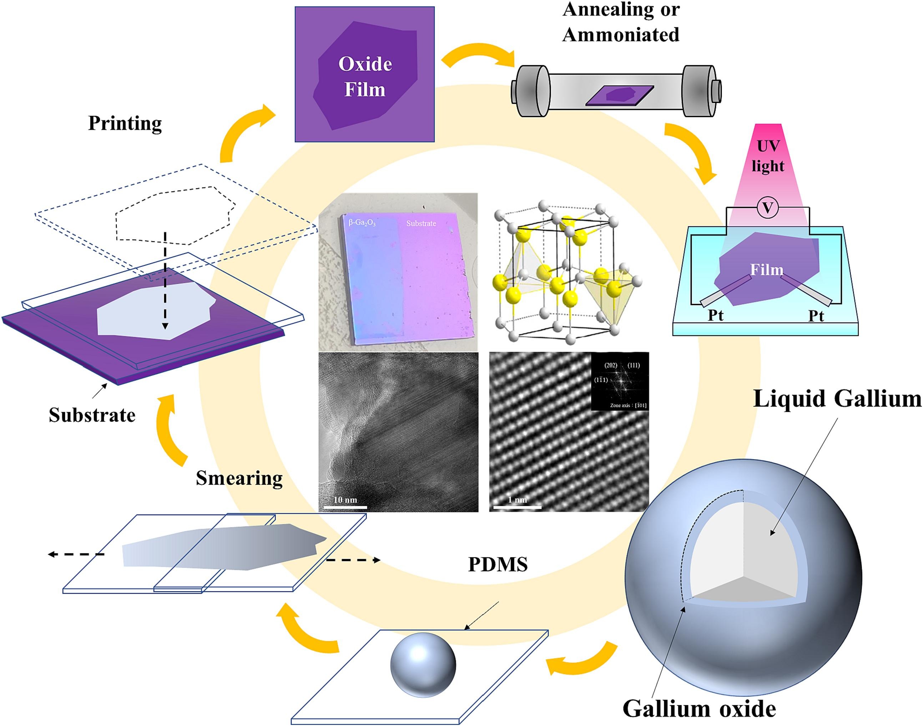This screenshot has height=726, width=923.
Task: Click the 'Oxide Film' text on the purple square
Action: click(365, 76)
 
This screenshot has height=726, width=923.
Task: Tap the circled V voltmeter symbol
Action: click(768, 208)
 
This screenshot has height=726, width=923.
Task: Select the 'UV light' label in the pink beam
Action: click(768, 156)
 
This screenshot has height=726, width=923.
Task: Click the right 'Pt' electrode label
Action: click(816, 316)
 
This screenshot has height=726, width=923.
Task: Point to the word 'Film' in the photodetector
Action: click(767, 269)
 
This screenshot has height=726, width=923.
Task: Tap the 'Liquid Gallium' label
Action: click(837, 399)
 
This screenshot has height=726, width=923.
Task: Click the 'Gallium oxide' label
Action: click(699, 708)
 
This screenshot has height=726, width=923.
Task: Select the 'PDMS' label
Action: click(498, 564)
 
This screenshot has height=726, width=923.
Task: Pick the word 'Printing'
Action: click(125, 124)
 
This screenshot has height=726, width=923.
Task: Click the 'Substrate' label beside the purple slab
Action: click(92, 415)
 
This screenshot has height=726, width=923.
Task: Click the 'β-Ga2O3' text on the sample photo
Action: click(362, 222)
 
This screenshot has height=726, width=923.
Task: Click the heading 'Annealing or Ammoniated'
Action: click(621, 22)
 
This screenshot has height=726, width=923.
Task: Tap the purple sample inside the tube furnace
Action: click(620, 95)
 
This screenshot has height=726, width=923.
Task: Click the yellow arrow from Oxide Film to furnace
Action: click(478, 55)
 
